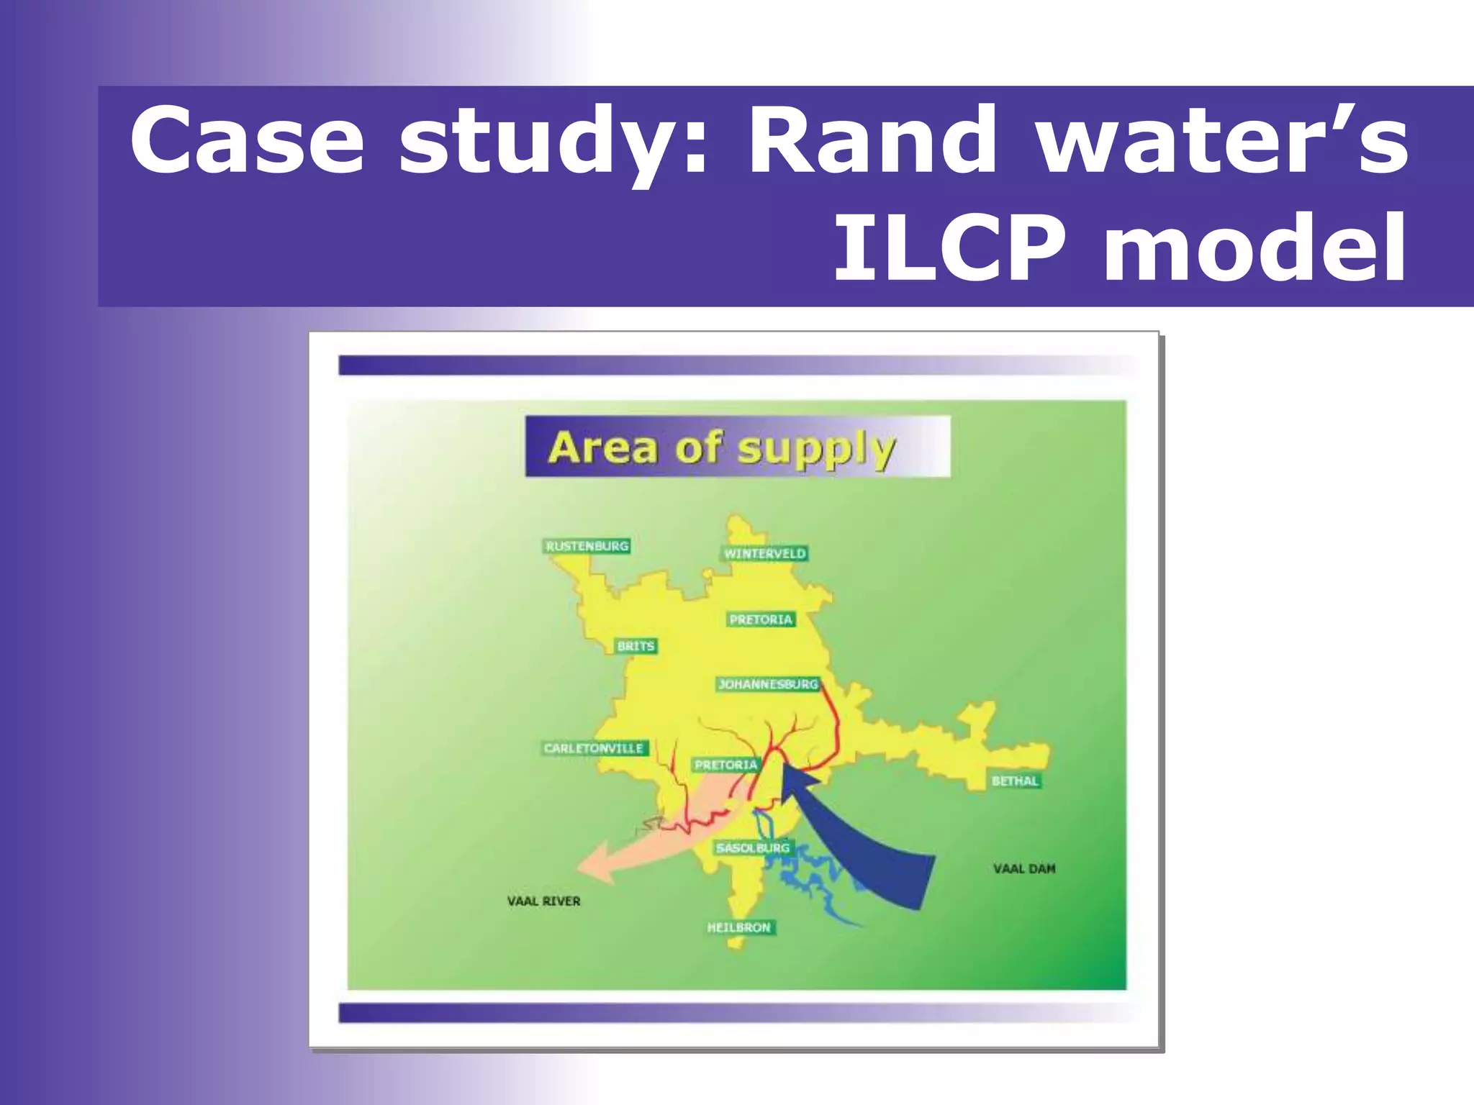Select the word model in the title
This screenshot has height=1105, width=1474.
point(1254,248)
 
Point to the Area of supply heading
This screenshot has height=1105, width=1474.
point(722,447)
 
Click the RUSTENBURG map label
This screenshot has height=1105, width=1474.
point(587,546)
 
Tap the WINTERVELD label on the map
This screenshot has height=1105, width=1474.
point(764,553)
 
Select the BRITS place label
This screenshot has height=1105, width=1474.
point(636,646)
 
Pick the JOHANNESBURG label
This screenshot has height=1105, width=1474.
point(768,684)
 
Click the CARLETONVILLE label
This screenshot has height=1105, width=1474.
point(594,748)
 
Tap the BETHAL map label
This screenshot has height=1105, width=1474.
point(1015,781)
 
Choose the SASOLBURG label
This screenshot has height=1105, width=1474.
point(753,847)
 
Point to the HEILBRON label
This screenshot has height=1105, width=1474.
point(738,927)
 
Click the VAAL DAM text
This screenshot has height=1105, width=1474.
point(1024,869)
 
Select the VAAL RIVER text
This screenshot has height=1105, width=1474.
point(543,901)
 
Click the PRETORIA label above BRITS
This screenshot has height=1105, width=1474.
point(761,619)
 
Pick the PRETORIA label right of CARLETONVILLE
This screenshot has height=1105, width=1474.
point(725,765)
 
